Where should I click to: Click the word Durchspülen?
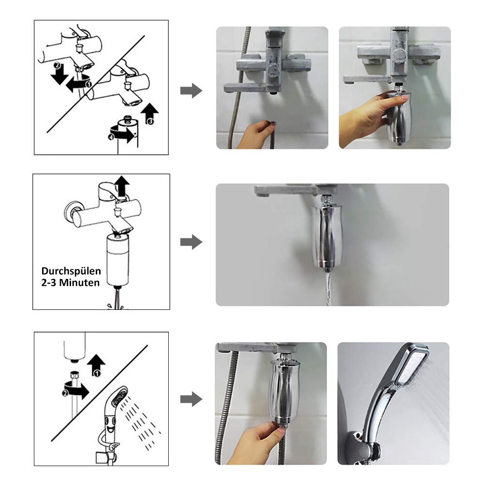pyautogui.click(x=71, y=271)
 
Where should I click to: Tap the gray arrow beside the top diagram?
pyautogui.click(x=191, y=91)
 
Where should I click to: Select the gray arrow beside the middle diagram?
pyautogui.click(x=191, y=242)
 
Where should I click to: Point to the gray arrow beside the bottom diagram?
pyautogui.click(x=191, y=399)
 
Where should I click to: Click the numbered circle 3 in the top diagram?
pyautogui.click(x=150, y=122)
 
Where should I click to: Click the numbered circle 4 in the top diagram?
pyautogui.click(x=111, y=137)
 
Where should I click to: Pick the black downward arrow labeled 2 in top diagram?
pyautogui.click(x=59, y=74)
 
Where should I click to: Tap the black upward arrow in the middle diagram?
pyautogui.click(x=122, y=186)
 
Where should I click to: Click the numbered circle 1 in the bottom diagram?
pyautogui.click(x=97, y=373)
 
